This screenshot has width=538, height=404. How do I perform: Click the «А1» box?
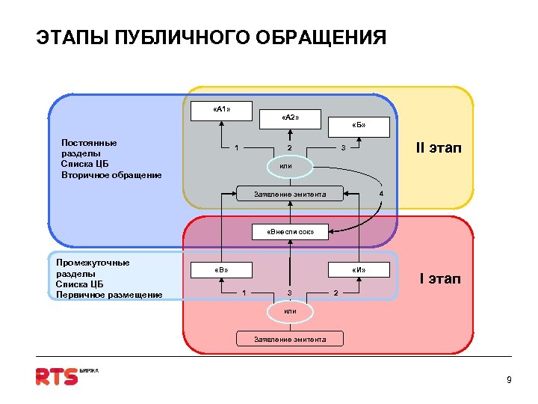click(x=221, y=110)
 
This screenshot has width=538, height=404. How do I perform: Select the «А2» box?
click(x=291, y=119)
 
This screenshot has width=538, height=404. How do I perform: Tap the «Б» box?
click(x=359, y=126)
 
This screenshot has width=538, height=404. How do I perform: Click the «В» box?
click(x=221, y=269)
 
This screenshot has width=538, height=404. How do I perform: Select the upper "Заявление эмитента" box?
click(x=290, y=195)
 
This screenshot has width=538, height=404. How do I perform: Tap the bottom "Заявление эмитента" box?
click(x=290, y=339)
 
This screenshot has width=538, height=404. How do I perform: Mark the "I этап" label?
click(x=440, y=279)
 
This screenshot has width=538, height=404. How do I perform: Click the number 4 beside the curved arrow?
click(x=381, y=195)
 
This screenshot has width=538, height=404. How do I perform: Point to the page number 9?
click(x=509, y=380)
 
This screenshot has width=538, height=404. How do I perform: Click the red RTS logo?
click(x=58, y=376)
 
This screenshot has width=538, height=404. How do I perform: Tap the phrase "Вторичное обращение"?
click(x=111, y=175)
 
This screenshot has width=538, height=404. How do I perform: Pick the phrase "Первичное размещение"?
click(x=109, y=295)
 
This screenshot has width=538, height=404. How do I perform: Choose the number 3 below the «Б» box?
click(x=342, y=147)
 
